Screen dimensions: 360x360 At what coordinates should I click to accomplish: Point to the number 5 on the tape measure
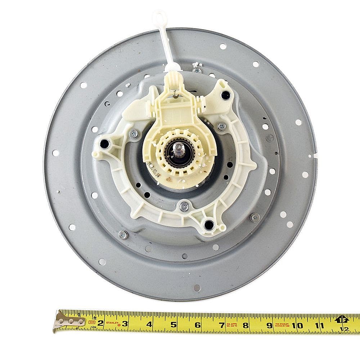click(x=174, y=324)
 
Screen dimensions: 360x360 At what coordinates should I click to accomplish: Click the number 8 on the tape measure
click(x=246, y=325)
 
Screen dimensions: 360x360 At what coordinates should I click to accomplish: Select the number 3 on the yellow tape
click(x=125, y=323)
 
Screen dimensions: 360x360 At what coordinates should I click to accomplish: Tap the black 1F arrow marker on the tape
click(x=342, y=319)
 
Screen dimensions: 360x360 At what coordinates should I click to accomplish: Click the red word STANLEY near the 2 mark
click(x=113, y=318)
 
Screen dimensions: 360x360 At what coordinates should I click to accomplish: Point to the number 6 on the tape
click(x=198, y=325)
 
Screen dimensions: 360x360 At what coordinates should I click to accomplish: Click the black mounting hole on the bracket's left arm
click(x=104, y=144)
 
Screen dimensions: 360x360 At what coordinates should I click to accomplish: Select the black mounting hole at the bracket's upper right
click(x=225, y=95)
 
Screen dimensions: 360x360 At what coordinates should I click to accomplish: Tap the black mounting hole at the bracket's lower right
click(x=209, y=225)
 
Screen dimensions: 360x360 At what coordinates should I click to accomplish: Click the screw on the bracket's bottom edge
click(x=184, y=206)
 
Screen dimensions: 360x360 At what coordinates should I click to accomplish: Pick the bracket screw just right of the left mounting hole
click(x=134, y=134)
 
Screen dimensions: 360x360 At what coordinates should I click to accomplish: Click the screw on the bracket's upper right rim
click(x=222, y=126)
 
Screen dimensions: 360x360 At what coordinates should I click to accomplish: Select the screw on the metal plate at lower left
click(x=123, y=234)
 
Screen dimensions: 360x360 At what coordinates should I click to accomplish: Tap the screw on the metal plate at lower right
click(x=255, y=217)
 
